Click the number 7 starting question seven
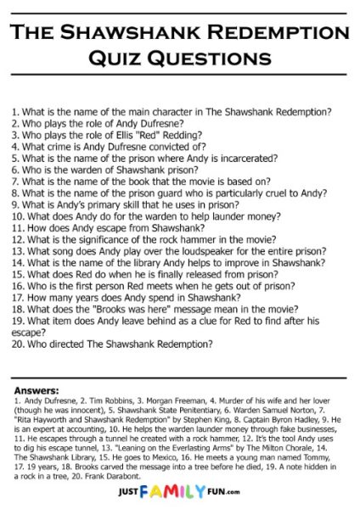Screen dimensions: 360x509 pos(14,181)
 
